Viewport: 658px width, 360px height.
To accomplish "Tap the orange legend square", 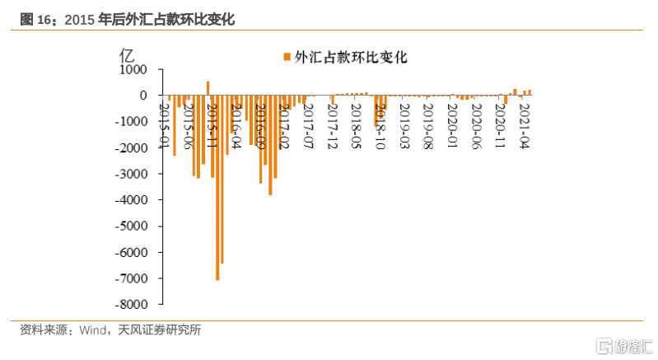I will pos(287,57).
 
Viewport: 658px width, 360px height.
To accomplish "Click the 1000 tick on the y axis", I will pos(133,70).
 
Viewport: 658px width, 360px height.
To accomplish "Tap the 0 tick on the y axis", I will pos(144,96).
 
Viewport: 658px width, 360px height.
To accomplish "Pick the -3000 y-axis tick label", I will pos(131,174).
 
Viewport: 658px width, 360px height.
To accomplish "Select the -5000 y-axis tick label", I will pos(131,227).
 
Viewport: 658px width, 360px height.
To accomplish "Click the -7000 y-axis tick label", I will pos(131,278).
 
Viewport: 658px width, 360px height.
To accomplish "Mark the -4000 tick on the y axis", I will pos(131,200).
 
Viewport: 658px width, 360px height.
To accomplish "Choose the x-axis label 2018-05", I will pos(355,124).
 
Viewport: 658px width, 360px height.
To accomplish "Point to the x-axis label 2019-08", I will pos(427,124).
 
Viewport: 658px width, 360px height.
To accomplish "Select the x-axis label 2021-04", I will pos(522,124).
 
